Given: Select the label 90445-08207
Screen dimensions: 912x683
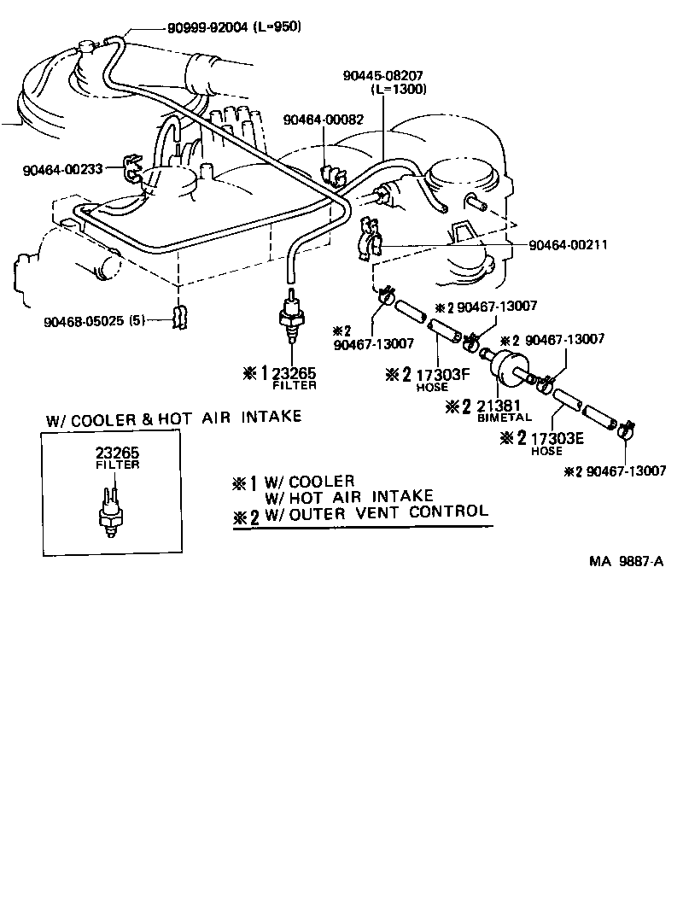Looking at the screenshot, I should click(383, 76).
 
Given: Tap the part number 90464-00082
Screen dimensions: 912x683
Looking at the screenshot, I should click(324, 120).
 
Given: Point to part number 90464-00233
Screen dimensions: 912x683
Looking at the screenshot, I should click(63, 170).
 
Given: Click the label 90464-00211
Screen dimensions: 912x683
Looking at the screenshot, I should click(569, 245).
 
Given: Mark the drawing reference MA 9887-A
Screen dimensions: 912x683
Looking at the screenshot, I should click(626, 561).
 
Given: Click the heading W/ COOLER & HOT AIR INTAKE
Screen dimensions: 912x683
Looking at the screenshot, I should click(174, 418).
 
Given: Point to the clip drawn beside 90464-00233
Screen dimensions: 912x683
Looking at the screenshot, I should click(132, 168).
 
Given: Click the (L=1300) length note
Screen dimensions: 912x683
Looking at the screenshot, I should click(399, 89).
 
